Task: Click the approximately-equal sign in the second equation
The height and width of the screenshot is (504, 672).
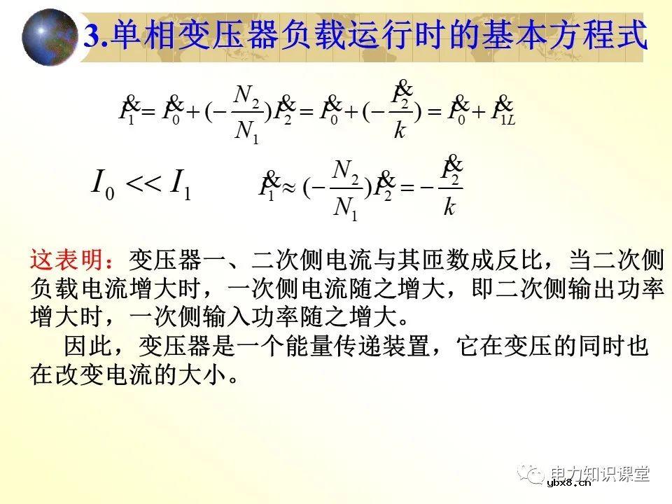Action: point(287,188)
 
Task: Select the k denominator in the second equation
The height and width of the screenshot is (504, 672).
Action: point(449,208)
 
